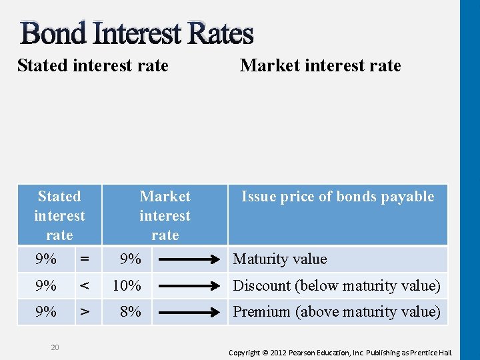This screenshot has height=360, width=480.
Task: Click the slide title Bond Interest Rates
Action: [137, 33]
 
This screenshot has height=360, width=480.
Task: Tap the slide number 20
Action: [55, 347]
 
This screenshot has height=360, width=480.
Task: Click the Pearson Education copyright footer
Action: [341, 352]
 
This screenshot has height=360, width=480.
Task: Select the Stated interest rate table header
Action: [59, 215]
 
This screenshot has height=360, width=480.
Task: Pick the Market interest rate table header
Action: [165, 215]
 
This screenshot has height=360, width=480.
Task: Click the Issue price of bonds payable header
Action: [337, 197]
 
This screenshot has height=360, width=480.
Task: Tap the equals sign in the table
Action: [85, 259]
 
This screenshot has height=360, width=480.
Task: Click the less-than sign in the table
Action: [85, 286]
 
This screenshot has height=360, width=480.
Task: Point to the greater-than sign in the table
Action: [85, 311]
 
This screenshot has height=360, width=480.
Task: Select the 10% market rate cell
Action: [127, 286]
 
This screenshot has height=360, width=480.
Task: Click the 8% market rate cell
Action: [130, 311]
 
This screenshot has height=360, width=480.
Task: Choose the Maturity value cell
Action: [279, 259]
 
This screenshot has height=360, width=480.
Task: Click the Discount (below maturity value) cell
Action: [336, 286]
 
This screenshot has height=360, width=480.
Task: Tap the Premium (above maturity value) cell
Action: [336, 311]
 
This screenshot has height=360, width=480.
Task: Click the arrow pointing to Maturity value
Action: [191, 259]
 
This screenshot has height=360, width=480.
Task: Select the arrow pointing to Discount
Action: [191, 286]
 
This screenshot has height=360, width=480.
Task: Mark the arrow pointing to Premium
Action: [191, 311]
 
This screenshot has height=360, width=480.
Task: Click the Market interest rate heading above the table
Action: [320, 65]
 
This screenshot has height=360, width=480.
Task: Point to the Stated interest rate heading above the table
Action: [93, 65]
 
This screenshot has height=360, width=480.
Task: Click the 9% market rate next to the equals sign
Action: [130, 259]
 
